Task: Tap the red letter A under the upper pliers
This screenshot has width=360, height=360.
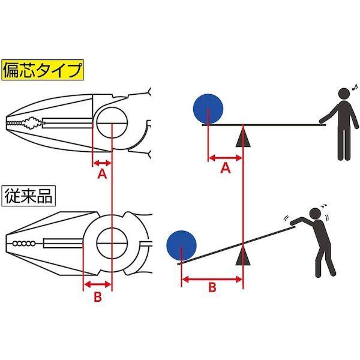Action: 101,174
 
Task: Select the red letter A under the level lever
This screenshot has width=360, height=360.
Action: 226,169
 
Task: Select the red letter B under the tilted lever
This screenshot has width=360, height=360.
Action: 212,287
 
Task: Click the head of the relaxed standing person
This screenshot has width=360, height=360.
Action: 343,95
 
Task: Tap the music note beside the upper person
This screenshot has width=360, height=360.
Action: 354,86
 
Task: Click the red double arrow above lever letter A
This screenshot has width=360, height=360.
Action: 225,158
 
